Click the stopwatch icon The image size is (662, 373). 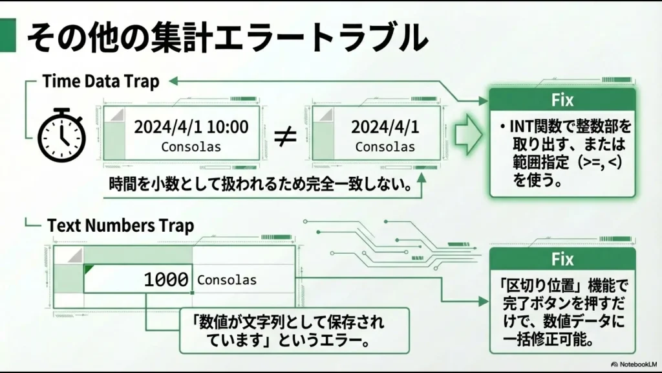[x=61, y=134]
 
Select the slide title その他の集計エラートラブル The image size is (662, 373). [x=226, y=37]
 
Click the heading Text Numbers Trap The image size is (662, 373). [x=120, y=226]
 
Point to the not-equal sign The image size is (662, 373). [x=285, y=135]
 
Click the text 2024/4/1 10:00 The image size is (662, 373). [x=191, y=127]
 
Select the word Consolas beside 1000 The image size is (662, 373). [x=227, y=280]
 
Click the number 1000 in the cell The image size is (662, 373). [x=166, y=280]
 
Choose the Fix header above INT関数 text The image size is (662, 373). [x=562, y=100]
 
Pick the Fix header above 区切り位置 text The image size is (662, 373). [x=562, y=259]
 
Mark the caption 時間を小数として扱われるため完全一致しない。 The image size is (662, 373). [x=261, y=185]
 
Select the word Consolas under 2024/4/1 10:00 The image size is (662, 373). [x=191, y=147]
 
